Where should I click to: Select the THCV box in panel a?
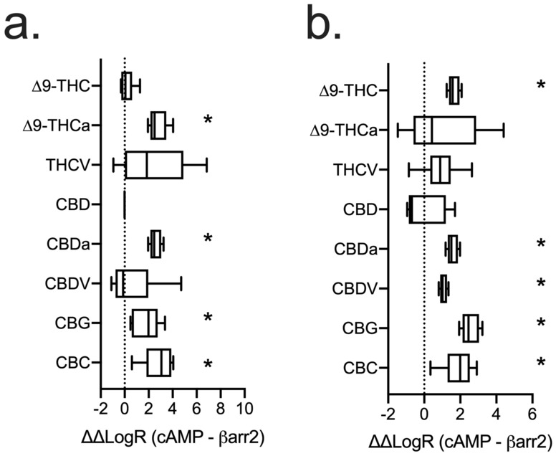coord(154,165)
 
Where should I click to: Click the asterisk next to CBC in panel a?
coord(208,364)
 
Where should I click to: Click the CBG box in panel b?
coord(471,328)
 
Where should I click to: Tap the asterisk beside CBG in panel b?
coord(540,323)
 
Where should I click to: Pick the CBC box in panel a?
coord(159,363)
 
